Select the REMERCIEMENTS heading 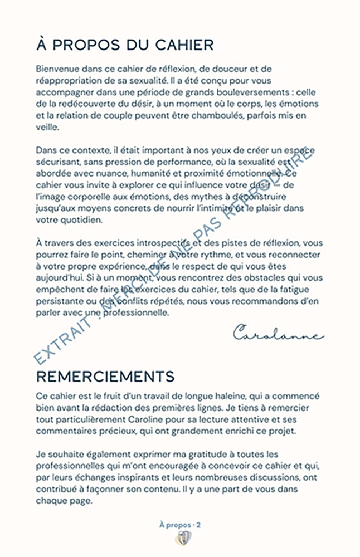(x=105, y=376)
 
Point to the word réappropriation (x=70, y=80)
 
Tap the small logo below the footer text (x=180, y=539)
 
